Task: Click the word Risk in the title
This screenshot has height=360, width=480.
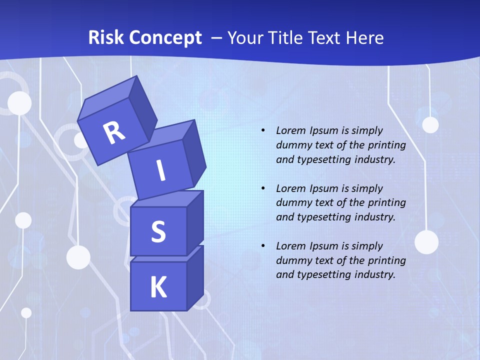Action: [106, 37]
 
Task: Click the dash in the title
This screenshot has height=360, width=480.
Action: [217, 38]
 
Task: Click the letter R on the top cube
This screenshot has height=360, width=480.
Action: [114, 133]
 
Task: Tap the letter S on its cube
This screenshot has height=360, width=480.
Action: [158, 231]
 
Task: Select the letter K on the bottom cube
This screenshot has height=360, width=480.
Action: [158, 287]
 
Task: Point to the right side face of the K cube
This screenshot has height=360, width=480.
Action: [195, 277]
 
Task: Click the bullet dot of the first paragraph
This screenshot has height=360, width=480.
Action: [263, 130]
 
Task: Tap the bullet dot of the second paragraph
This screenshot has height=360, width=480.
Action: [263, 188]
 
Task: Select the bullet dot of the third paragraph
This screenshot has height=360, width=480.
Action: [263, 246]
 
